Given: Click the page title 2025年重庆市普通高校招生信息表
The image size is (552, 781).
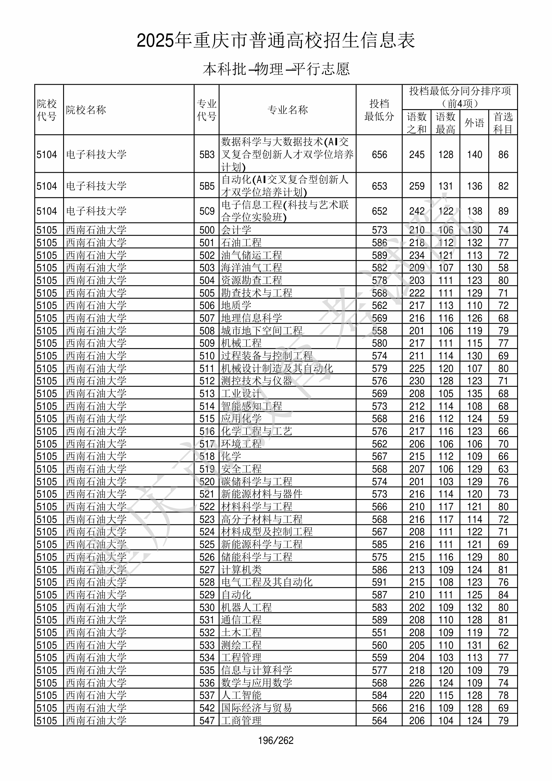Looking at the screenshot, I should [x=276, y=41].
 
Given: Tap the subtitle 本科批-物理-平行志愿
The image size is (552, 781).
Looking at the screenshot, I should [x=276, y=69].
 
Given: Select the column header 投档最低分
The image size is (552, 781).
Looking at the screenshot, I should [x=379, y=110].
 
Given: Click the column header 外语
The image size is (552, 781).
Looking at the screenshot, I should [x=474, y=122].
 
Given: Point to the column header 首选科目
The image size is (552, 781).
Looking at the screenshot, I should [x=503, y=122].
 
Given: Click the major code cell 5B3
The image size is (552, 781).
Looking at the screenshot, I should [x=207, y=155].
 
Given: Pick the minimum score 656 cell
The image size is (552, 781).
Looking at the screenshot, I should [x=379, y=155].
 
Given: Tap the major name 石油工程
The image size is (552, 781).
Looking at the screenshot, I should [x=241, y=242].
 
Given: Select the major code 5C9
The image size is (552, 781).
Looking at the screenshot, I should [x=207, y=211].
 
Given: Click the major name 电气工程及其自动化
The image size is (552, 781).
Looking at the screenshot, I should [x=267, y=582].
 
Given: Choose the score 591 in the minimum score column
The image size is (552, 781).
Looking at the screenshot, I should [x=379, y=582].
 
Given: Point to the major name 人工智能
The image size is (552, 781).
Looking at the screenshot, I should [x=241, y=695].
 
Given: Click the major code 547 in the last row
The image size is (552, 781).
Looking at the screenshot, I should [x=207, y=720].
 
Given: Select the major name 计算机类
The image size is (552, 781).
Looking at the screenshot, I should [x=241, y=570].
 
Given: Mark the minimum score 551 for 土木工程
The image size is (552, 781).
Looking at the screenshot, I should [x=379, y=632].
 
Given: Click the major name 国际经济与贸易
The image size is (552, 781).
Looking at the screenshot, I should [x=257, y=708].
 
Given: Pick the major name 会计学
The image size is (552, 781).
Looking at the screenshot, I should [x=236, y=230].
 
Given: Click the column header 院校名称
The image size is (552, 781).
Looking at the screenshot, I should [x=86, y=110].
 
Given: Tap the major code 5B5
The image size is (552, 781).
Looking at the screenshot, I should [x=207, y=186].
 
